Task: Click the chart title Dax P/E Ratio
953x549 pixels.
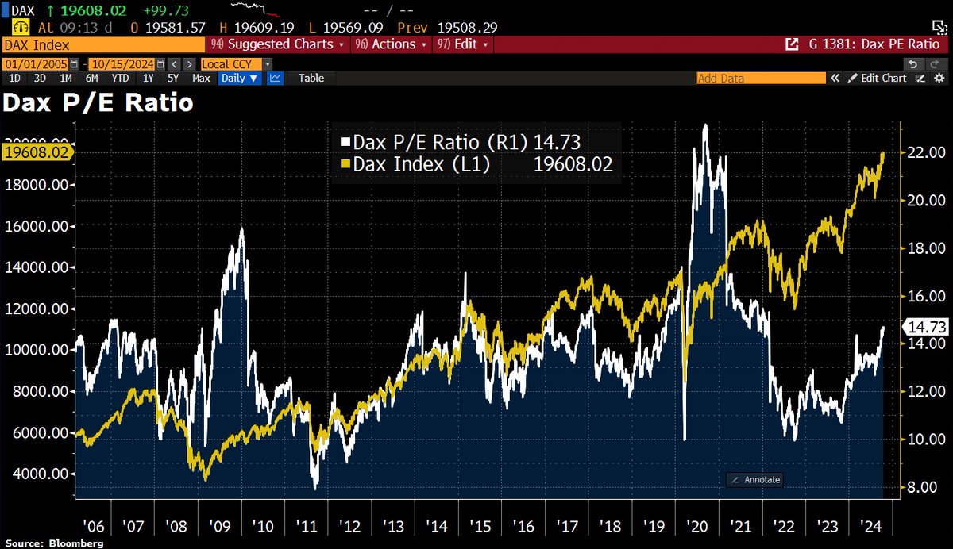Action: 98,102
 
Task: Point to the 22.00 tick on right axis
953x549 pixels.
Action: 924,152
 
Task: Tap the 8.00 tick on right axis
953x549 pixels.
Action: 924,486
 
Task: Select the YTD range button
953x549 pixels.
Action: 120,78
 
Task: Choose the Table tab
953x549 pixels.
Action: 311,78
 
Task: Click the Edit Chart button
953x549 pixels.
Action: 878,78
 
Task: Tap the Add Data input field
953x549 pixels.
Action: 759,78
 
